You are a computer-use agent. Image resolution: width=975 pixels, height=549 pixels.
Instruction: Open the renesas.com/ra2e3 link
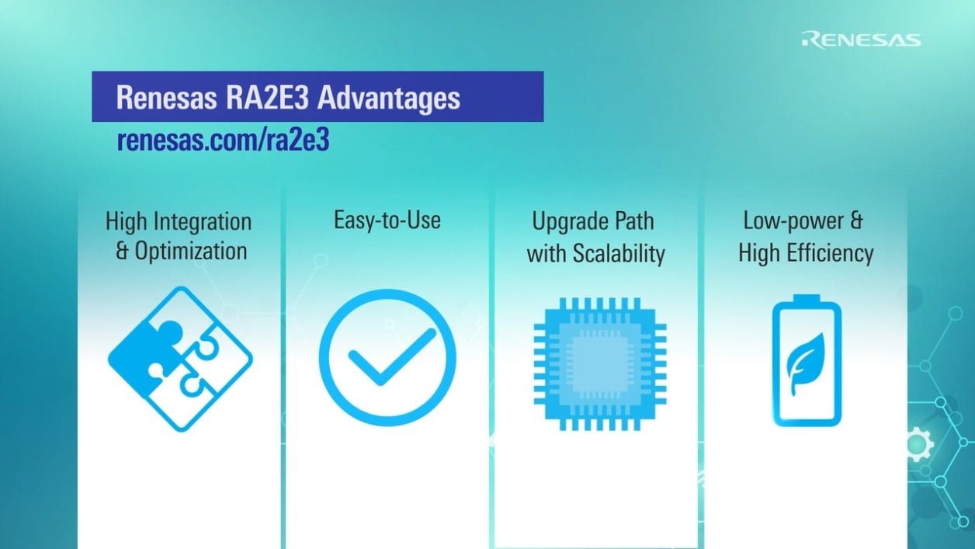click(x=223, y=140)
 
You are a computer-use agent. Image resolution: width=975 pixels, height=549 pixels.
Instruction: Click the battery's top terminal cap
click(x=807, y=300)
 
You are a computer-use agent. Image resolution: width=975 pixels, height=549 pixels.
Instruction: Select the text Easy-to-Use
click(x=387, y=220)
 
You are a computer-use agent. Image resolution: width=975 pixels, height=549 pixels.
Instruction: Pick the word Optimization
click(x=191, y=252)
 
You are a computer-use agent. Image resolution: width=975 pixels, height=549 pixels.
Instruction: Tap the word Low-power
click(x=792, y=221)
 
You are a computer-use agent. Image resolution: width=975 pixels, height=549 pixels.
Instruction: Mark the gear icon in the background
click(x=918, y=443)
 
